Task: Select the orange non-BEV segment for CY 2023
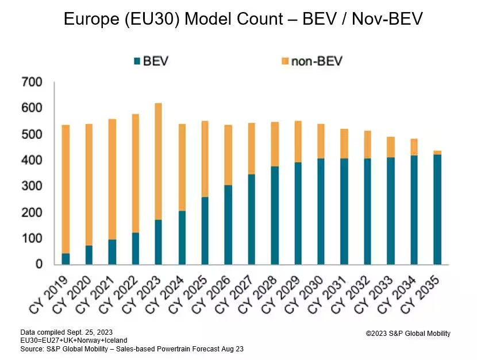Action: [x=158, y=161]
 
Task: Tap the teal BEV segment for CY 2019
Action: [x=66, y=259]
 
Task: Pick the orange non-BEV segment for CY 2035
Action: [x=437, y=152]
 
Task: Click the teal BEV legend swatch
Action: [x=137, y=61]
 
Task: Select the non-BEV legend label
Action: [x=317, y=61]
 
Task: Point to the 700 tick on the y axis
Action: [x=32, y=83]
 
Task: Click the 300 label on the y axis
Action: [x=32, y=187]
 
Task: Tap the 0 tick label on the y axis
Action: [x=39, y=265]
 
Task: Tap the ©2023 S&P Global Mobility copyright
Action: [x=408, y=334]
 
